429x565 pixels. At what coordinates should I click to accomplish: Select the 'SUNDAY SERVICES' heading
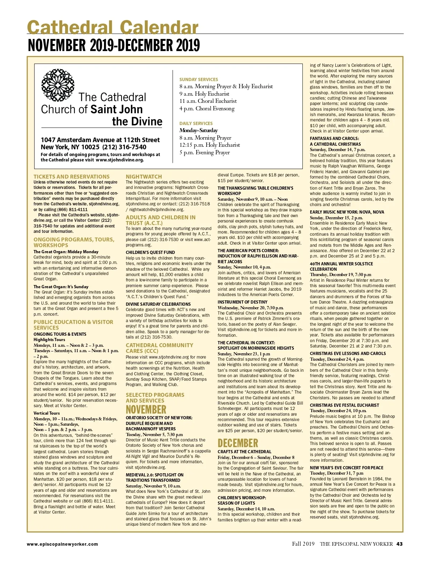198,79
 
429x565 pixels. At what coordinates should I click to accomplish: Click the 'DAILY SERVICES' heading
196,123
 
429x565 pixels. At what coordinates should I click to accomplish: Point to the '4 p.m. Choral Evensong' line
207,109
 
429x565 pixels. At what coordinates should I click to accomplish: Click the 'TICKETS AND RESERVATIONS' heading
71,176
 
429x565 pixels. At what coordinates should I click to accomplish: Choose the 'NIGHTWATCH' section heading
144,176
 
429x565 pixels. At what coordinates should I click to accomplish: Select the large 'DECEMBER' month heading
238,443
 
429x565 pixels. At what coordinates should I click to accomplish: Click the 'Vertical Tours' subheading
46,413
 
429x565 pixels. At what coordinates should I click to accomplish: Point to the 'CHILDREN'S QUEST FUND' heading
150,252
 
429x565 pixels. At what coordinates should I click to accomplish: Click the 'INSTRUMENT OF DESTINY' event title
242,302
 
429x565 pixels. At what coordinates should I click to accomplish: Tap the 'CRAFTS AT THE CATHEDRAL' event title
245,451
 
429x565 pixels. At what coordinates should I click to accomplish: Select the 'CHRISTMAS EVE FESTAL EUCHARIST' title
344,405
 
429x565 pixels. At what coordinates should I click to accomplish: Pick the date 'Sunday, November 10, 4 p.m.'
244,267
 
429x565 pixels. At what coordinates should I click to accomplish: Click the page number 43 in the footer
399,544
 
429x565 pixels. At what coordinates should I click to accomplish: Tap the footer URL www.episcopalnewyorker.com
62,544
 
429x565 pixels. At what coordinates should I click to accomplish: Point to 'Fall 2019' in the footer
303,544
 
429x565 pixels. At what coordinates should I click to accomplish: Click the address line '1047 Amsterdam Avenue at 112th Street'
100,140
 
